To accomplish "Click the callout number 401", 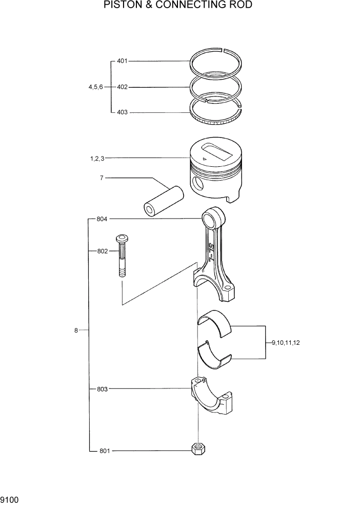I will [122, 61].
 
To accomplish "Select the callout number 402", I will [122, 87].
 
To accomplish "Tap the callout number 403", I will [122, 112].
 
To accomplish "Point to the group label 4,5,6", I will [96, 87].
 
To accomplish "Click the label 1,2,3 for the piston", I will [97, 159].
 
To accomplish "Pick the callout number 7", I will [102, 178].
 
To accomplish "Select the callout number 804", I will [102, 219].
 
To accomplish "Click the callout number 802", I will [102, 251].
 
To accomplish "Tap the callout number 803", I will [102, 389].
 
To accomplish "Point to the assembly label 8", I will [76, 330].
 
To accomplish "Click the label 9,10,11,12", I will [286, 342].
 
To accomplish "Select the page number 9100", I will [10, 499].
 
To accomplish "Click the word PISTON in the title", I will [124, 6].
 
